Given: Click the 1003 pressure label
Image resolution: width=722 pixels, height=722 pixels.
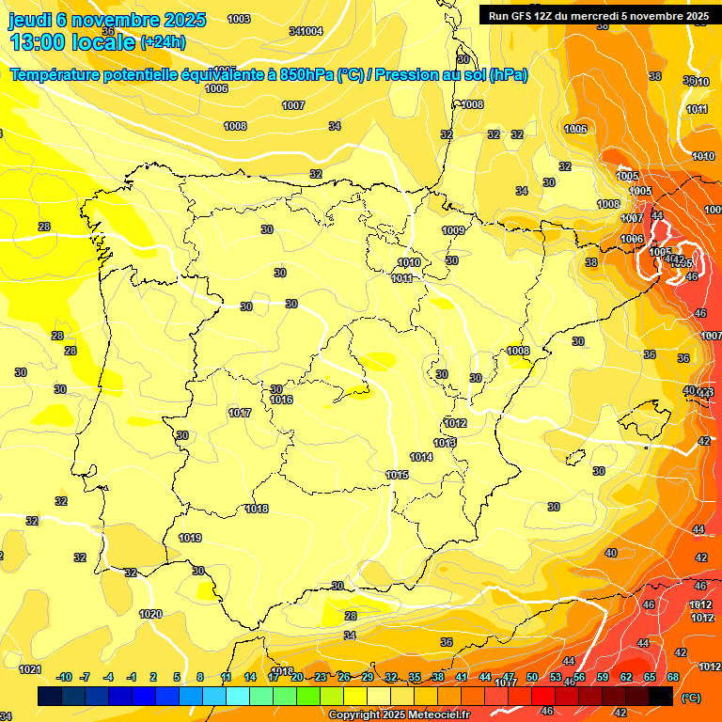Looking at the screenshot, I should tap(239, 19).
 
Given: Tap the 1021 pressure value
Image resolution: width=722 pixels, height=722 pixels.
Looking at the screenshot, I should tap(30, 669).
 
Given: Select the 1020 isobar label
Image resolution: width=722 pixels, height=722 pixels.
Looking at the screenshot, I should tap(150, 614).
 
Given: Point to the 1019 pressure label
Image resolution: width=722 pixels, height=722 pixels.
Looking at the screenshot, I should tap(190, 539).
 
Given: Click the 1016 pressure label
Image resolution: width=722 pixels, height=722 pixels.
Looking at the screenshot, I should tap(281, 400).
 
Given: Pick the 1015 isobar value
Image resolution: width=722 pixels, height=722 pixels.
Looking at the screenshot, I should tap(397, 476).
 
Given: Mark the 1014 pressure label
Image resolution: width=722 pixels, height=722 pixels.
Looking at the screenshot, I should tap(421, 458).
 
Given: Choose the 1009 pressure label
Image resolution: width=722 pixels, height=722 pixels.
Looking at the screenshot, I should tap(453, 230).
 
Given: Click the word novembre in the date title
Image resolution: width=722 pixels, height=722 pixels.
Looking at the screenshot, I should tap(118, 20).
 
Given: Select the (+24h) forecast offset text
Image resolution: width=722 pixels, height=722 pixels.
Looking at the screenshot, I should tap(163, 42).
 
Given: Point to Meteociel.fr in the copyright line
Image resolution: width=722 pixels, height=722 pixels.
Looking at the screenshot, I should tap(434, 715).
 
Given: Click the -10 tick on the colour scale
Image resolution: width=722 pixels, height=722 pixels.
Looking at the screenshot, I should tap(64, 677).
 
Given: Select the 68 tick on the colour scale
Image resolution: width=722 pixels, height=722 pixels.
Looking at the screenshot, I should tap(673, 677).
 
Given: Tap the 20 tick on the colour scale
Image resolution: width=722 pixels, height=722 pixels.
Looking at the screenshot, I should tap(297, 677).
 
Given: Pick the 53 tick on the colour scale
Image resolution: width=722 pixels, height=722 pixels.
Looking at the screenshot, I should tap(556, 677).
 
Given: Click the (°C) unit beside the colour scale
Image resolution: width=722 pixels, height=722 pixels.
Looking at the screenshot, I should tap(691, 698).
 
